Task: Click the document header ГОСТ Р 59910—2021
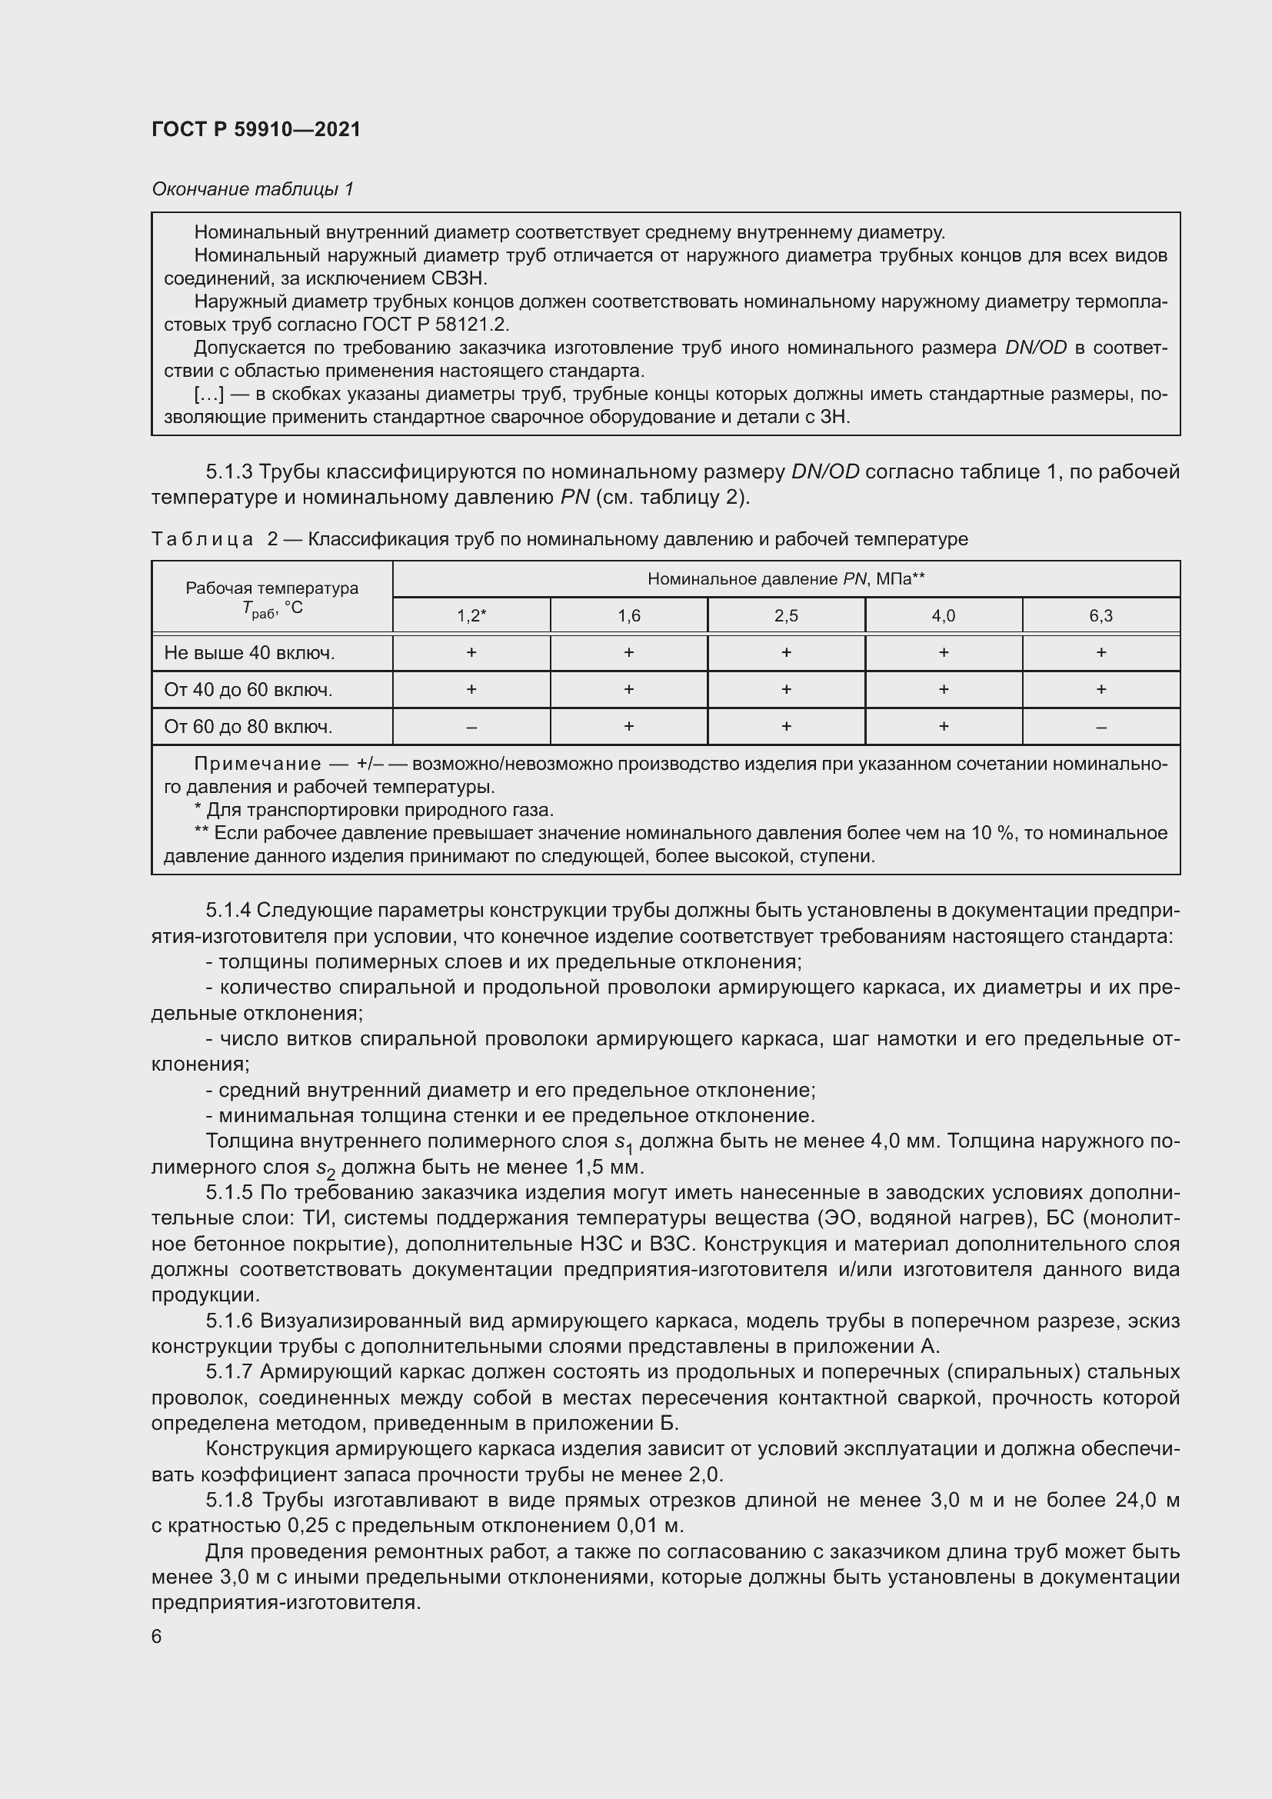coord(256,129)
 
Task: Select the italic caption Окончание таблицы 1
coord(252,189)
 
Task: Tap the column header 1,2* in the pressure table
coord(471,616)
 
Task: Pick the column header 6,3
coord(1101,616)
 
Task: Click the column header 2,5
coord(786,616)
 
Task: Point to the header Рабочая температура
coord(271,588)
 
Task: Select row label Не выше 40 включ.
coord(249,653)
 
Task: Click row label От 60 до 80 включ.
coord(248,727)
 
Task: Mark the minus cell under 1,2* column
coord(471,727)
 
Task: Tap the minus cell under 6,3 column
coord(1101,727)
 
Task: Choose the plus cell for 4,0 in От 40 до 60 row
coord(944,689)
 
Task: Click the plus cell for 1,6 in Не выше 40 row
coord(629,653)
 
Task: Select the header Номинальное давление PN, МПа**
coord(786,579)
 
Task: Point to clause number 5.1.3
coord(229,471)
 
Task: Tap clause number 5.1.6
coord(229,1322)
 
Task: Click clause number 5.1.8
coord(229,1501)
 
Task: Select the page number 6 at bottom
coord(157,1637)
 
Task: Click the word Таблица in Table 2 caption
coord(202,539)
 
